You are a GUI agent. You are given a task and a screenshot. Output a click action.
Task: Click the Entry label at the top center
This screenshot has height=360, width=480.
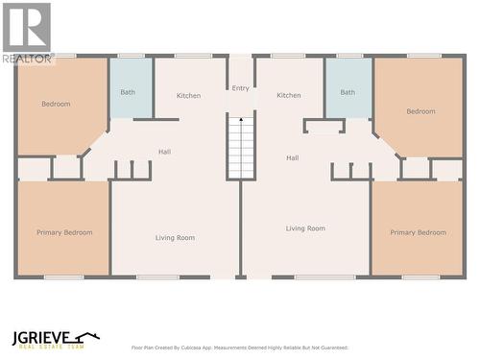[240, 88]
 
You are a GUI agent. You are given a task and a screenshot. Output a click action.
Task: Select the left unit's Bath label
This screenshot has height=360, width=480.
[128, 92]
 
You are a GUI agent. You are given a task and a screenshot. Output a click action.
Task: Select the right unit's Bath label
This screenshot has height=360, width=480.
[348, 92]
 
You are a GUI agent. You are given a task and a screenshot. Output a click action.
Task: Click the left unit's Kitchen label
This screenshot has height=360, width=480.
[189, 95]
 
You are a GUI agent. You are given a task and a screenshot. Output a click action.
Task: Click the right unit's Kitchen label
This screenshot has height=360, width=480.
[289, 95]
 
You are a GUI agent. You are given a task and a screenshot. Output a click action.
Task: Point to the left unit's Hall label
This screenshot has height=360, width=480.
[165, 152]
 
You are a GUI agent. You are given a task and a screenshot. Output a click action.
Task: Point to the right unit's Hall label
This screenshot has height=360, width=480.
[292, 157]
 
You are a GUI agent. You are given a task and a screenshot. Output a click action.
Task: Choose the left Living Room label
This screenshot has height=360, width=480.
[176, 237]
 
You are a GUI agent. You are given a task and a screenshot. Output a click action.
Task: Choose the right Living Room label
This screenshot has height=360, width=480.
[305, 228]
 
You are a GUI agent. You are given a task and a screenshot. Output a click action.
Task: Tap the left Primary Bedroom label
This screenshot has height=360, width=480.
[64, 232]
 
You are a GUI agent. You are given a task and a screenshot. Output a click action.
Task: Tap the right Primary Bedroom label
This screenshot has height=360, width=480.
[418, 232]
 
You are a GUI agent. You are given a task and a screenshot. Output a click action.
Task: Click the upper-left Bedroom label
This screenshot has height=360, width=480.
[56, 104]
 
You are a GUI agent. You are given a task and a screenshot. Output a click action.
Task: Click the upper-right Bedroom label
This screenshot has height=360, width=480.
[420, 111]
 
